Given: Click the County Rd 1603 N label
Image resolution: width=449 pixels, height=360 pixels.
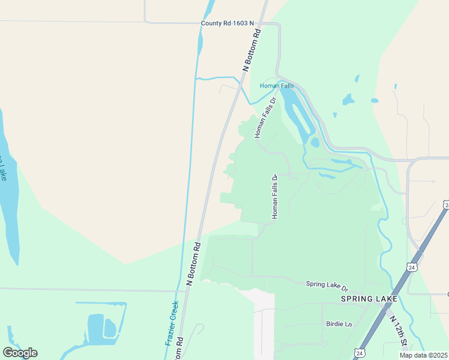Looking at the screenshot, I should (228, 23).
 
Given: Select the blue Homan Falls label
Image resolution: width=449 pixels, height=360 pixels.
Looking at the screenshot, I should (277, 86).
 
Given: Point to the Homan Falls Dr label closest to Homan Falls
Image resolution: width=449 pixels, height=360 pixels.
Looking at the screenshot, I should (265, 118).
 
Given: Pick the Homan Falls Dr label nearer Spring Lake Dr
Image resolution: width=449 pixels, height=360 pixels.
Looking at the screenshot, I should (276, 197).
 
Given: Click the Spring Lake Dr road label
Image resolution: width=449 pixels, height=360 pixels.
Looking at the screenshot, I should (327, 284).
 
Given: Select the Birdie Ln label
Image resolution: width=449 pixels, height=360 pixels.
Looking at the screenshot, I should (338, 324).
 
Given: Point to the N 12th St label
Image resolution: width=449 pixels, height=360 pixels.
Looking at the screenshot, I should (397, 332).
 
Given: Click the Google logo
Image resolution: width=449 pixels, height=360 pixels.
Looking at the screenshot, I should (20, 353).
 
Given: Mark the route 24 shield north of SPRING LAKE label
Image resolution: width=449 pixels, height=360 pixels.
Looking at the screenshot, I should (411, 266).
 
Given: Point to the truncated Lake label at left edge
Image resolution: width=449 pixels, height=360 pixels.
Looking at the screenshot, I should (2, 169).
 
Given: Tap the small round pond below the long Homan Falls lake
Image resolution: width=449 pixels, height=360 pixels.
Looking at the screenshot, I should (315, 143).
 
